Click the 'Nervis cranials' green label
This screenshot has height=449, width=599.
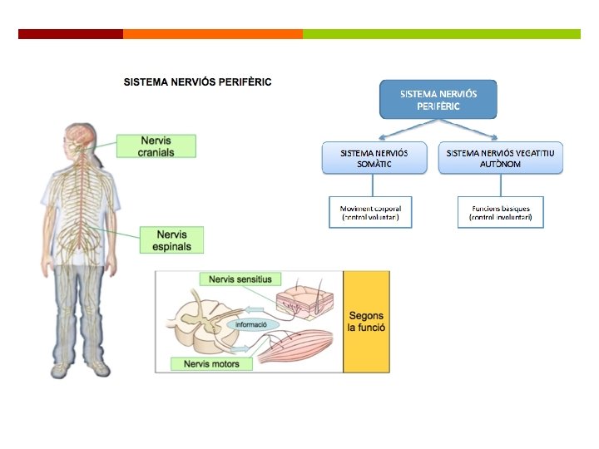[x=156, y=146]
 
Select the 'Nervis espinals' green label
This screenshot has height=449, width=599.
[x=172, y=240]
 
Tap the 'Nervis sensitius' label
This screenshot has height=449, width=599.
[x=240, y=279]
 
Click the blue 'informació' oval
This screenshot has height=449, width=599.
[x=251, y=324]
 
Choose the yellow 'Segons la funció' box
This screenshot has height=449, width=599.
[x=366, y=322]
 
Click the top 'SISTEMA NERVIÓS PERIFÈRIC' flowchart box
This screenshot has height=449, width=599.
[x=438, y=100]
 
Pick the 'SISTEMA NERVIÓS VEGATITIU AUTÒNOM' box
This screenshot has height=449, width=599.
[x=500, y=158]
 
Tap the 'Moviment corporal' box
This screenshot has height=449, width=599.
[x=370, y=212]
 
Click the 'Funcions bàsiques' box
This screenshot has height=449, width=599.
[x=500, y=212]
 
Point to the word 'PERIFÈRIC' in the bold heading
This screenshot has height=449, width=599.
[x=242, y=81]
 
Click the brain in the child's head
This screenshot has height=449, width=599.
[x=82, y=137]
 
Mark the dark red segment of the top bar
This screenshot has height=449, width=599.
[x=71, y=34]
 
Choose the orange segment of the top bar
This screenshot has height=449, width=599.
[x=213, y=34]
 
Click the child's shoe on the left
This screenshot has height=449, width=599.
[x=61, y=369]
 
